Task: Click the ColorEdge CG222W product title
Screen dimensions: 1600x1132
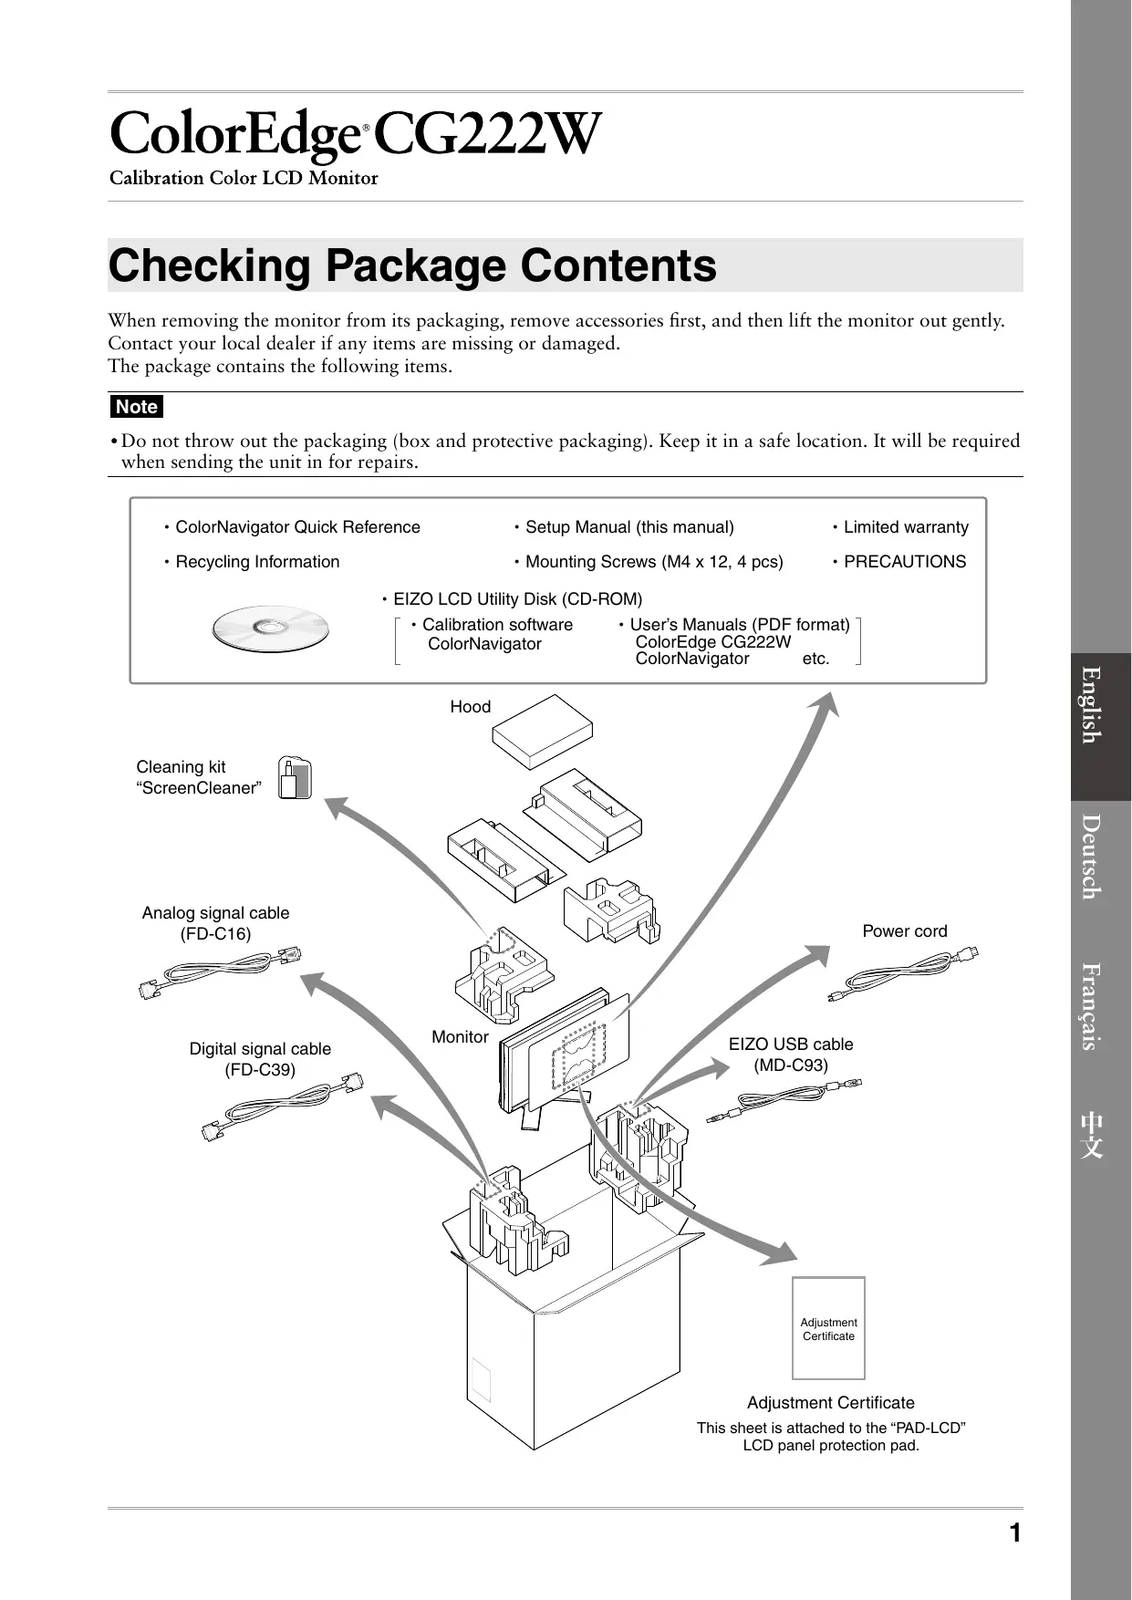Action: point(356,136)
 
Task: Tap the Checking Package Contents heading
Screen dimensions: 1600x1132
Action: point(412,265)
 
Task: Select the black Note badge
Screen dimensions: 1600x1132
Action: point(137,407)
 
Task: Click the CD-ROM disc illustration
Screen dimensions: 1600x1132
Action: point(270,629)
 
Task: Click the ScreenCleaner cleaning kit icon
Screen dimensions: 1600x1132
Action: point(295,779)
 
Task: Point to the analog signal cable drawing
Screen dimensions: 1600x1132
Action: point(221,972)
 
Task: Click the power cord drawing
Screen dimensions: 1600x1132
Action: point(903,976)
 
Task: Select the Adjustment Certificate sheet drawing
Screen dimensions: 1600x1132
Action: point(828,1328)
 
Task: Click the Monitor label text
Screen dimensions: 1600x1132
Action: point(460,1037)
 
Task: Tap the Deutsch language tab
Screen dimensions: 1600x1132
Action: point(1101,858)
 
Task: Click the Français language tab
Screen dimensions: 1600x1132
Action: point(1101,1006)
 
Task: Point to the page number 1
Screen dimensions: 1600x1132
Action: point(1014,1533)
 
